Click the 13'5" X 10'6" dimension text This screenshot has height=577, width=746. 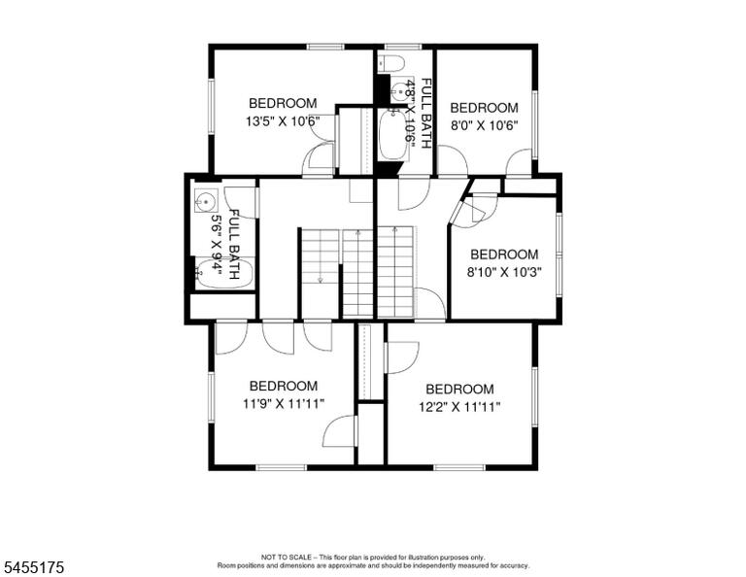point(283,121)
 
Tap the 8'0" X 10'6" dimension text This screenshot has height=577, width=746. point(484,125)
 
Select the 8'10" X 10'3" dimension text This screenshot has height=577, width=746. point(504,273)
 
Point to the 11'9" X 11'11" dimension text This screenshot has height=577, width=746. point(284,404)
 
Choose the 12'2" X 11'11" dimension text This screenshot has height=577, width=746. point(459,408)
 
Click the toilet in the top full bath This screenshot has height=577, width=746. point(391,63)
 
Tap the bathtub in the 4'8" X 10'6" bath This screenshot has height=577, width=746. point(393,134)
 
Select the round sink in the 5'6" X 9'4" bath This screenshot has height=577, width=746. point(206,202)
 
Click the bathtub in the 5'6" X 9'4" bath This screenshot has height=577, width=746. point(223,274)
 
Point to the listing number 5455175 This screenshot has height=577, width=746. point(33,567)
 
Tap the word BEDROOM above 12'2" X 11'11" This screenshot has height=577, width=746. point(459,390)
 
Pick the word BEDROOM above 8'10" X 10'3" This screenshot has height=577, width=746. point(504,255)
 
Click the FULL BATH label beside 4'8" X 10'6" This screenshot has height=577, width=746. point(426,114)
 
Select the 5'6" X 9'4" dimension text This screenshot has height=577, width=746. point(217,245)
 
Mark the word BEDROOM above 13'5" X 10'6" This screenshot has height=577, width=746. point(283,103)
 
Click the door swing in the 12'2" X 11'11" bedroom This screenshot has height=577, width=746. point(402,357)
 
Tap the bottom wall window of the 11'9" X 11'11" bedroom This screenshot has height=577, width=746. point(281,467)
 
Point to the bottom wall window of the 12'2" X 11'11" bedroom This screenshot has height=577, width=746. point(459,467)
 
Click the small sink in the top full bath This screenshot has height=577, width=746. point(397,91)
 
